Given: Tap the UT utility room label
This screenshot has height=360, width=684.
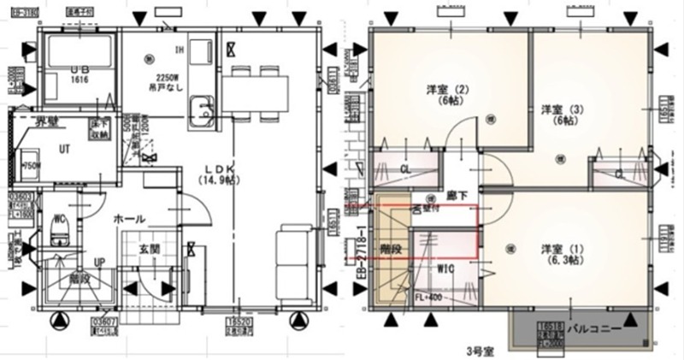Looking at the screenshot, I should tap(64, 147).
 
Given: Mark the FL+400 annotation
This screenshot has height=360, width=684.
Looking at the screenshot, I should tap(427, 297).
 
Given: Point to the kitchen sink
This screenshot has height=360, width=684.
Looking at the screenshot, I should tap(204, 109).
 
